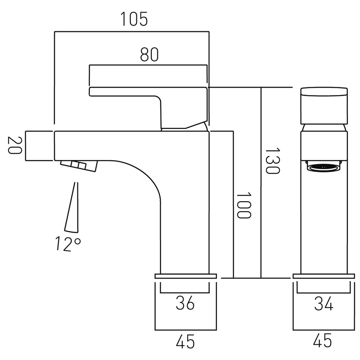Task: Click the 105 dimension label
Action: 134,19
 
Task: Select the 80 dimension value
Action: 149,54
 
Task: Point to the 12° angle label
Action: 68,244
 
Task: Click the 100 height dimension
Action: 243,205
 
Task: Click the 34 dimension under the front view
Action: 324,304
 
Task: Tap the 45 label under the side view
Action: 184,342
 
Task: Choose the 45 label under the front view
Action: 324,342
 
